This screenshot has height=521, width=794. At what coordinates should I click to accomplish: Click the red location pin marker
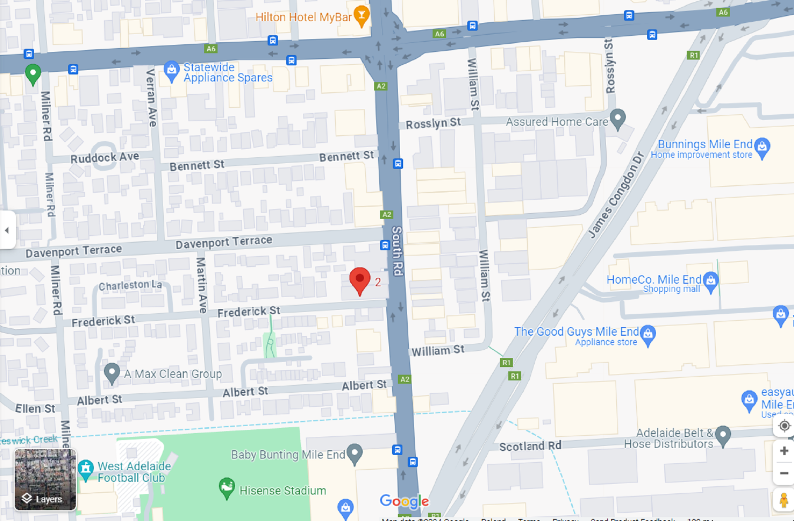[359, 280]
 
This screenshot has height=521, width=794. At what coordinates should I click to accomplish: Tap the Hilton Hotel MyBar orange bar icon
[361, 16]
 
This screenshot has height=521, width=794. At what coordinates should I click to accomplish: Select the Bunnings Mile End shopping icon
[762, 147]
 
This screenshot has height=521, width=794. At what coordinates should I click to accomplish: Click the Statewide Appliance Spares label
[227, 72]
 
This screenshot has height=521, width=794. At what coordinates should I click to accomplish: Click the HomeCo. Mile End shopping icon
[710, 281]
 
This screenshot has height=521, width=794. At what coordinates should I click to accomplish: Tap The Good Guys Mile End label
[576, 332]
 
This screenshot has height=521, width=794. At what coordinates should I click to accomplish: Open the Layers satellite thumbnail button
[45, 480]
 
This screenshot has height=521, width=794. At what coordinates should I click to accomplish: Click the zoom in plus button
[784, 451]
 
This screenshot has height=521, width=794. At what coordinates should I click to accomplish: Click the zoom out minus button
[784, 473]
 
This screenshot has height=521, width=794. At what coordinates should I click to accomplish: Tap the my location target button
[784, 426]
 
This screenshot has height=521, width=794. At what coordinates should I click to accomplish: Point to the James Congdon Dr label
[616, 195]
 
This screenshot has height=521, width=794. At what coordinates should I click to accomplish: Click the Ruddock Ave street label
[105, 158]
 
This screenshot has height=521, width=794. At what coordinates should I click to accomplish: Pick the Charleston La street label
[130, 285]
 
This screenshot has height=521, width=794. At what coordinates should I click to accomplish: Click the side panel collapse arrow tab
[7, 230]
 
